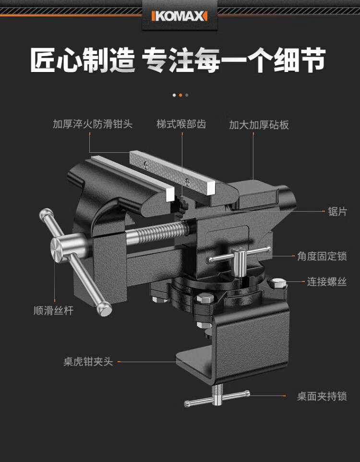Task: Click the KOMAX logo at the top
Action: pos(180,16)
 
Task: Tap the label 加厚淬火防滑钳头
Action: pos(93,124)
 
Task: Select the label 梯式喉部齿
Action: pos(181,124)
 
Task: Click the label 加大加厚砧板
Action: pos(259,125)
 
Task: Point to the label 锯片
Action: pos(337,211)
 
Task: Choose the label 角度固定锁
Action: pos(322,256)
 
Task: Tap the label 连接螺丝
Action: pos(327,282)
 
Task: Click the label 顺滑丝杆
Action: pos(53,310)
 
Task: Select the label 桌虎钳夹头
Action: pos(88,362)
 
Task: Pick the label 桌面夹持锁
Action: pos(322,396)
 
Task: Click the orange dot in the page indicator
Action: pos(180,95)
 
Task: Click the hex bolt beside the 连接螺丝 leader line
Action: pos(278,283)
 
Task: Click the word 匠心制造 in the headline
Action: pos(83,60)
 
